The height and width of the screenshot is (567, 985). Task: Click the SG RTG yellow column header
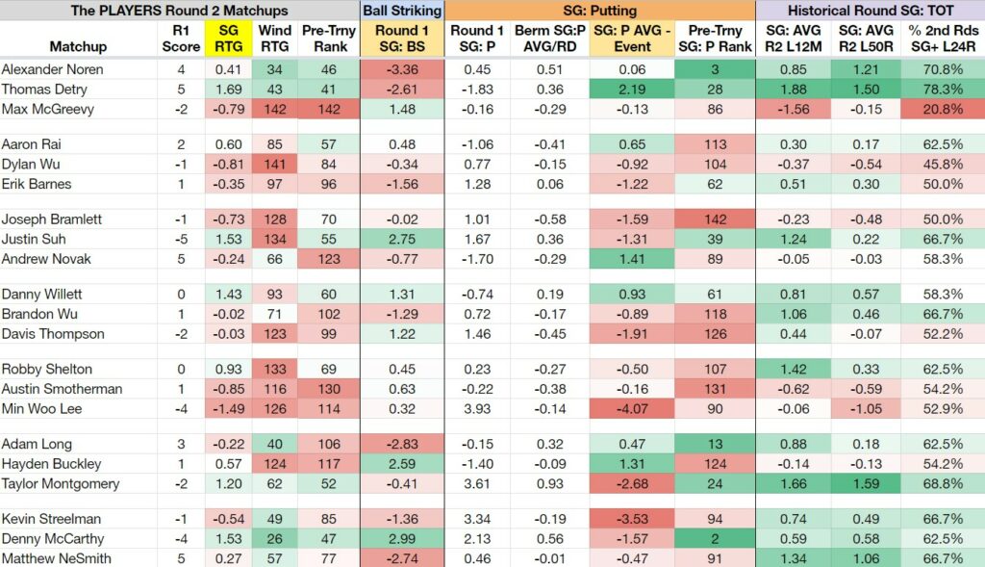tap(228, 39)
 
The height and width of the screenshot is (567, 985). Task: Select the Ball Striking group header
tap(402, 10)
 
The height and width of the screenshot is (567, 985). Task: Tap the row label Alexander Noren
tap(53, 69)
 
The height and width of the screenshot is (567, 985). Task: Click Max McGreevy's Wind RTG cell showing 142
tap(274, 109)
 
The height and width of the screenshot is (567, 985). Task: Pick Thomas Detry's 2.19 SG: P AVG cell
tap(632, 90)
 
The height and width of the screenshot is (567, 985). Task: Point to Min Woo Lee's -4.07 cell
tap(632, 408)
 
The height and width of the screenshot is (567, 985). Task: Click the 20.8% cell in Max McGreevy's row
tap(943, 109)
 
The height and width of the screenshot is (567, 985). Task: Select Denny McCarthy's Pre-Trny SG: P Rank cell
tap(715, 539)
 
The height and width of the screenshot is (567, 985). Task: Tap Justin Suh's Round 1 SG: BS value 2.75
tap(402, 239)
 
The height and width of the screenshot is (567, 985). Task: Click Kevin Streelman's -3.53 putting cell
tap(632, 519)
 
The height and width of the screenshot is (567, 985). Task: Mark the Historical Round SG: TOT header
tap(871, 10)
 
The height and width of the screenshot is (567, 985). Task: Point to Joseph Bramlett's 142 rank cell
tap(715, 219)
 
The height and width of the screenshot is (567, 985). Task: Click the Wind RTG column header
tap(274, 39)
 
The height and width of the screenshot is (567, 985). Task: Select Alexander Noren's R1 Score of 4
tap(181, 69)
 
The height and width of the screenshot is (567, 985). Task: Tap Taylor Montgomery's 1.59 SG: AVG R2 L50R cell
tap(866, 483)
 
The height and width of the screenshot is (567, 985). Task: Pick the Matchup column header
tap(78, 46)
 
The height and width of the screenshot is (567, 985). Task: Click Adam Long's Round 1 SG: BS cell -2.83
tap(402, 444)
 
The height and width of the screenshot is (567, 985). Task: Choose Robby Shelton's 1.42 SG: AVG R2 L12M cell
tap(793, 369)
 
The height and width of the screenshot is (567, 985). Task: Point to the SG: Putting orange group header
tap(600, 10)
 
